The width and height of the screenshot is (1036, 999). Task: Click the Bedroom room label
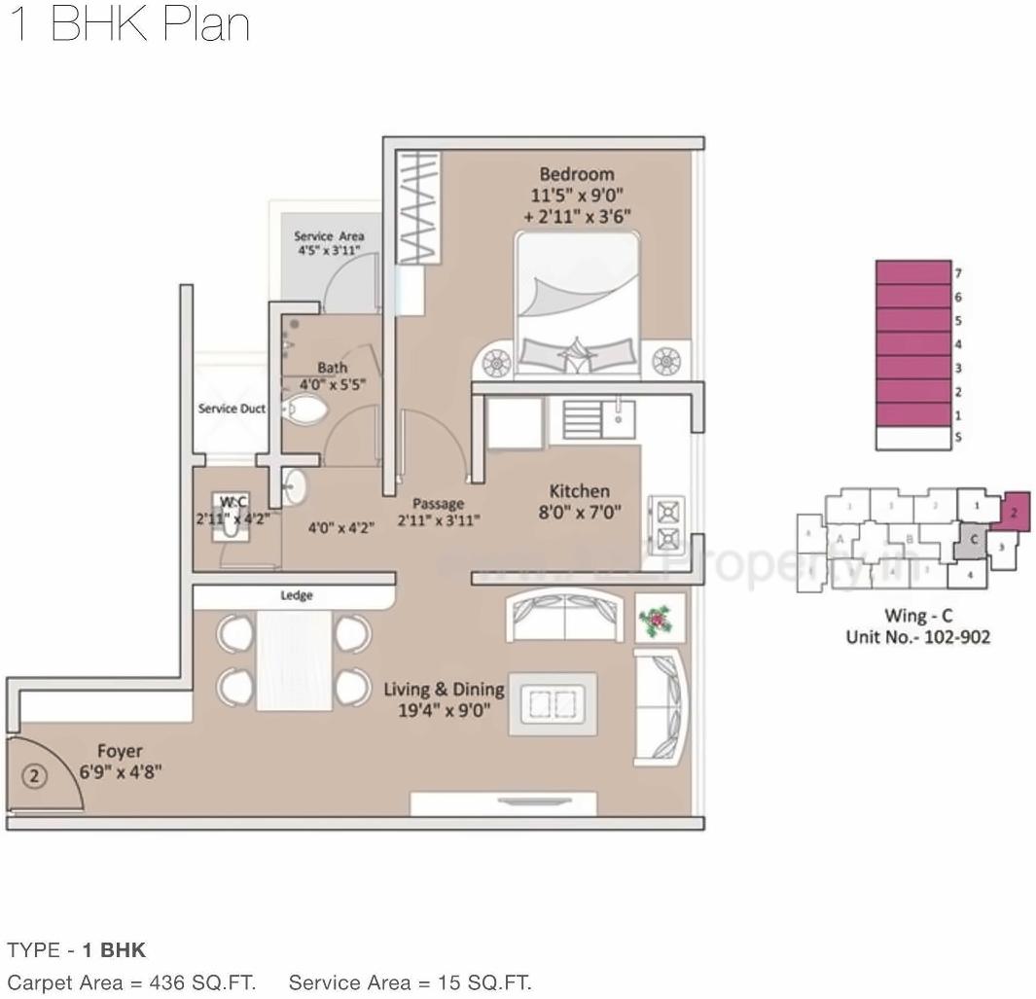pos(576,174)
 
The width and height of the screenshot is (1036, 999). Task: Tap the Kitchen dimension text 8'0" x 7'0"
pos(579,512)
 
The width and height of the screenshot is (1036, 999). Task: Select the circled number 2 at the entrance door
pos(34,776)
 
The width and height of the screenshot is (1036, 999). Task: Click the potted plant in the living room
pos(660,619)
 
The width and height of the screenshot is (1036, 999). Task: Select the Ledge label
pos(297,595)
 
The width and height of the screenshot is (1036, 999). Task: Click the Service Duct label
pos(232,409)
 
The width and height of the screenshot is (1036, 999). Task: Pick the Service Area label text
pos(329,236)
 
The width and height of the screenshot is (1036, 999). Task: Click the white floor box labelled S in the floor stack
pos(912,439)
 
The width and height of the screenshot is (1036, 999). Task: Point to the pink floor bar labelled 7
pos(912,272)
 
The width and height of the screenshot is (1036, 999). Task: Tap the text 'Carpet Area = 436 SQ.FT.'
pos(131,981)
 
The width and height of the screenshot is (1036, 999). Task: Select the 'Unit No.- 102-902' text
pos(917,637)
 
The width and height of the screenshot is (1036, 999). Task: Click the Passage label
pos(438,503)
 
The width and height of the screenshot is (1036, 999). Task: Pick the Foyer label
pos(120,751)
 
